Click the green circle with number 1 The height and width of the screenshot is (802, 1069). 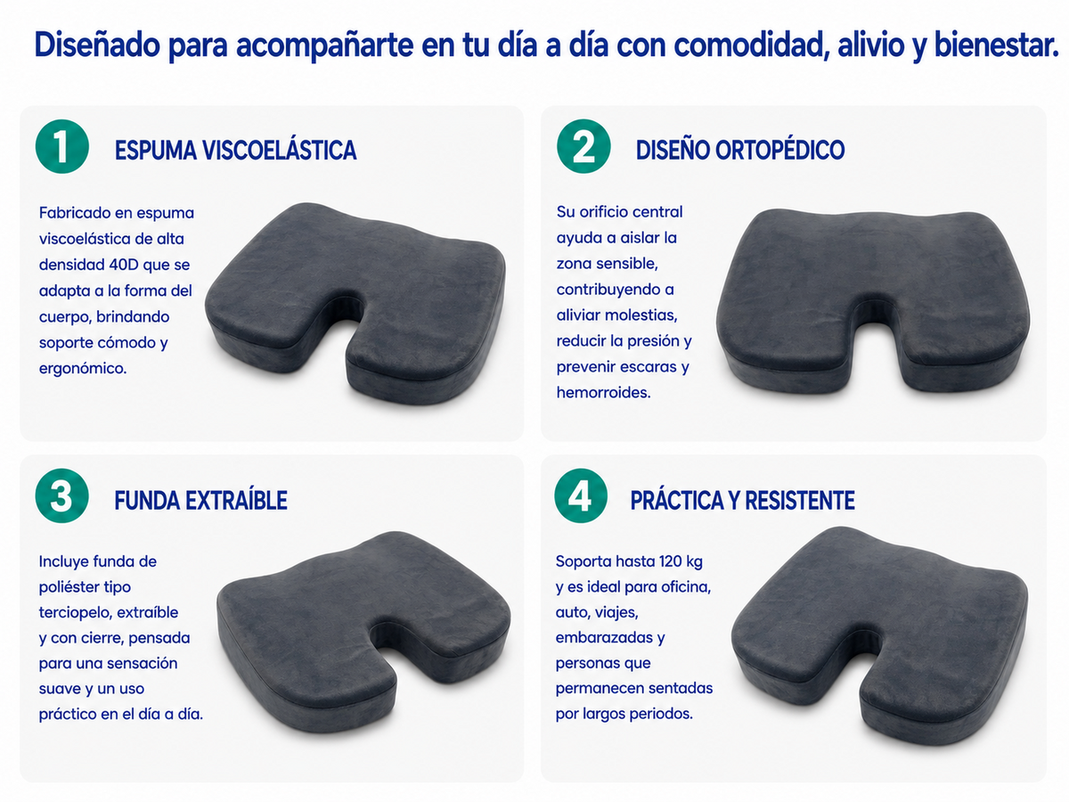point(62,146)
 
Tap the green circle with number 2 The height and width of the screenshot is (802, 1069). point(583,146)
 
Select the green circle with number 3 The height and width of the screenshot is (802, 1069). point(61,495)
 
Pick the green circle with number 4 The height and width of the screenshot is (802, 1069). point(581,495)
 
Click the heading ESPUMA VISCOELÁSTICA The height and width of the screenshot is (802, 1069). point(236,150)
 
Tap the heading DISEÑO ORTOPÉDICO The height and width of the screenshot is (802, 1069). point(740,150)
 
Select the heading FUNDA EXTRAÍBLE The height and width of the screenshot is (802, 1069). point(200,500)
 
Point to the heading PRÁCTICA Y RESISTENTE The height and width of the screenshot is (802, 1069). point(743,500)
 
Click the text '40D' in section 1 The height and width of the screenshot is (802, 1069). point(124,265)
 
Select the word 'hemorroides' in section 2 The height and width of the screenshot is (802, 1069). point(604,392)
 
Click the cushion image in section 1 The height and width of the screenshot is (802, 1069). point(355,303)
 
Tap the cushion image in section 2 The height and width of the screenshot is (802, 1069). point(873,302)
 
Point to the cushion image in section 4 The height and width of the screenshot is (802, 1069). point(879,635)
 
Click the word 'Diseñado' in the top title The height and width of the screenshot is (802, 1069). point(97,45)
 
